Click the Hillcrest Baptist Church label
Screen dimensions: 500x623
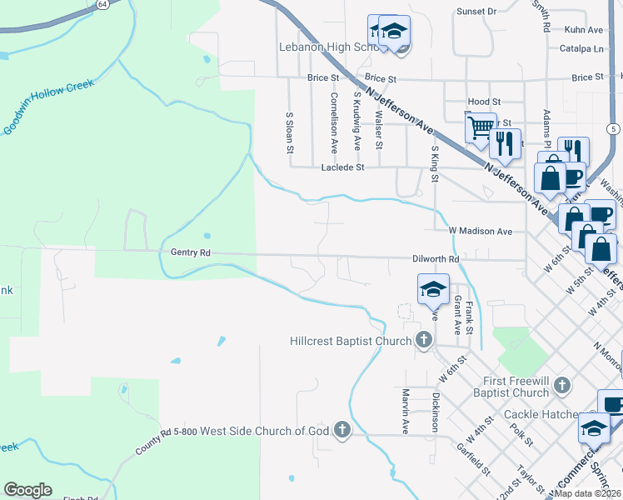pyautogui.click(x=351, y=341)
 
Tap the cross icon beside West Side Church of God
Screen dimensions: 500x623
pyautogui.click(x=341, y=430)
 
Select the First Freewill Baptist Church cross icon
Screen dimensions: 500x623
pyautogui.click(x=563, y=384)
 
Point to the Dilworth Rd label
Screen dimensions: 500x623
pyautogui.click(x=436, y=259)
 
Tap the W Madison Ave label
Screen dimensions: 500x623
pyautogui.click(x=480, y=231)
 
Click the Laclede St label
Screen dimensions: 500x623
pyautogui.click(x=343, y=167)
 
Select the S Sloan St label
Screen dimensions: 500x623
pyautogui.click(x=290, y=133)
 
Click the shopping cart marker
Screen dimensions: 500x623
pyautogui.click(x=481, y=128)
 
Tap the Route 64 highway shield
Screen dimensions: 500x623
pyautogui.click(x=102, y=4)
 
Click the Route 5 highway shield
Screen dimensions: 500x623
pyautogui.click(x=613, y=128)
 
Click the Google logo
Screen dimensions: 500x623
pyautogui.click(x=27, y=490)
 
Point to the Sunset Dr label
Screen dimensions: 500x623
pyautogui.click(x=476, y=12)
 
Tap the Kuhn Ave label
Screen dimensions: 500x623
pyautogui.click(x=583, y=30)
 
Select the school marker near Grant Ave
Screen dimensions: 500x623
pyautogui.click(x=433, y=290)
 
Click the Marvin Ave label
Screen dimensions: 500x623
pyautogui.click(x=406, y=411)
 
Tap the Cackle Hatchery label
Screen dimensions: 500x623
pyautogui.click(x=541, y=414)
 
